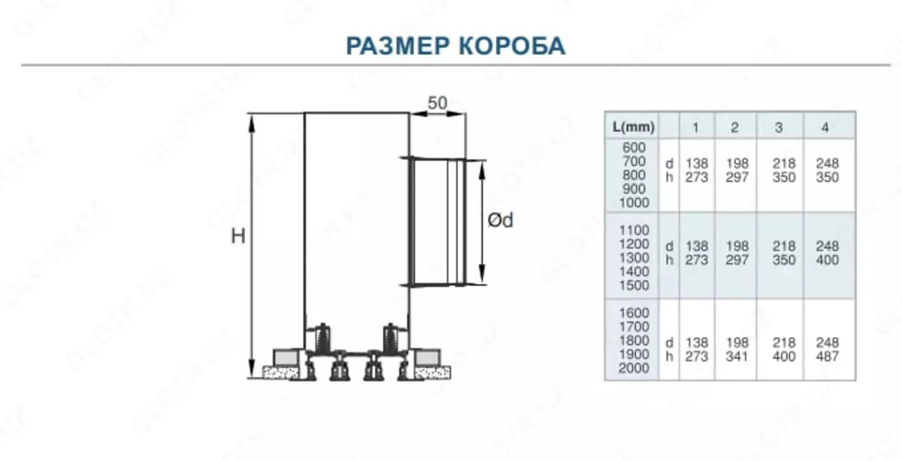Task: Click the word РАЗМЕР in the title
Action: click(x=397, y=46)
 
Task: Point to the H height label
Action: click(x=238, y=237)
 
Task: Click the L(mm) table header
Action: click(x=634, y=126)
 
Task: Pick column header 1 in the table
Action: click(x=696, y=127)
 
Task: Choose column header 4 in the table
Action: click(x=825, y=127)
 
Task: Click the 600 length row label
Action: click(x=634, y=148)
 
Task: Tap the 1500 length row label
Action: click(x=634, y=285)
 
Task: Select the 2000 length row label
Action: click(x=634, y=369)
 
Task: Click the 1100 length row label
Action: click(x=634, y=230)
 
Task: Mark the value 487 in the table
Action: click(x=827, y=357)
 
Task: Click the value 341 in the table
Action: click(x=737, y=357)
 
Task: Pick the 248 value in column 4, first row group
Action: click(x=827, y=163)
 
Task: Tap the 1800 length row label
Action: click(x=634, y=341)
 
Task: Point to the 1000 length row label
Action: click(x=634, y=203)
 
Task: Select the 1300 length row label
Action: click(x=634, y=258)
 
